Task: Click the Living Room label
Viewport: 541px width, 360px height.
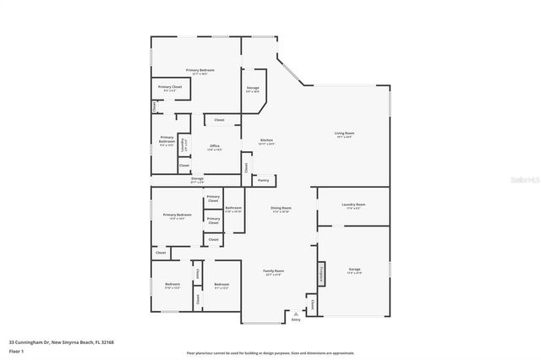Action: (343, 134)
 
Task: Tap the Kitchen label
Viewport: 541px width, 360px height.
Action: (266, 141)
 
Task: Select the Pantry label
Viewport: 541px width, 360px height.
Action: (264, 180)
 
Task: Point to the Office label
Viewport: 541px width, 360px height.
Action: (215, 148)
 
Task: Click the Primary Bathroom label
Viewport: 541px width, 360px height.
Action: (167, 141)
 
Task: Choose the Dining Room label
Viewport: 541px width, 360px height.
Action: (281, 209)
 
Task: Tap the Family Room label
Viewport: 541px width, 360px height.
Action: (274, 272)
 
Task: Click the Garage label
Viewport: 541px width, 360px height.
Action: (354, 271)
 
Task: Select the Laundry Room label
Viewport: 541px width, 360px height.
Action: (354, 205)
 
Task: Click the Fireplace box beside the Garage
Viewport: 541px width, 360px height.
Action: (321, 274)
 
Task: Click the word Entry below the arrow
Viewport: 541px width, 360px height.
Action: (296, 320)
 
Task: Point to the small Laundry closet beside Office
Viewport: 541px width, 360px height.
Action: (183, 145)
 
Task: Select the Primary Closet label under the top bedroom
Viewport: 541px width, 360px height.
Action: (169, 88)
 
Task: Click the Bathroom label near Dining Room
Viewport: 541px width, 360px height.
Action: (233, 209)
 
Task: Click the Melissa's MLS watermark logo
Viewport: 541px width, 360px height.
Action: (523, 179)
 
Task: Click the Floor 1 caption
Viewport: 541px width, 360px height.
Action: (16, 350)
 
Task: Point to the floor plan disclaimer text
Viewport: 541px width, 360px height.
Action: (270, 353)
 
